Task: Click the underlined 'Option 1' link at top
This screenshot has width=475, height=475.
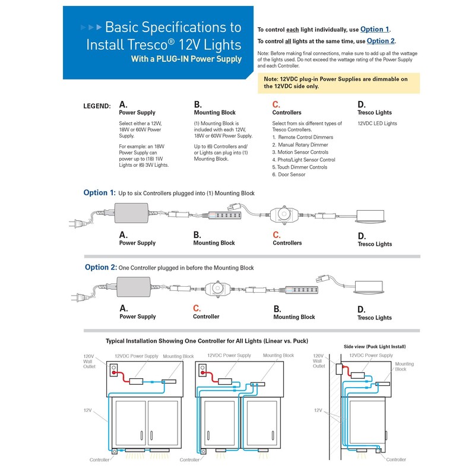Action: (375, 29)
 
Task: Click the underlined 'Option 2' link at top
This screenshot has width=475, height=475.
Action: (381, 41)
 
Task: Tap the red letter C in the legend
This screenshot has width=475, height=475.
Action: (276, 104)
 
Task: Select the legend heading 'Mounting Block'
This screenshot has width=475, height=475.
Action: (214, 112)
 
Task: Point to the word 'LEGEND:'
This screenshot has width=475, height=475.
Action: (97, 106)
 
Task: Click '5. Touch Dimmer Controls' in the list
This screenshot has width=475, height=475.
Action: (299, 167)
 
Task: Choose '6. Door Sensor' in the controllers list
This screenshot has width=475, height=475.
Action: (289, 175)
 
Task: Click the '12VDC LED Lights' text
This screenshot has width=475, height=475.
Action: (377, 123)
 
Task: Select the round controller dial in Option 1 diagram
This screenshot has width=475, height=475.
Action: (286, 214)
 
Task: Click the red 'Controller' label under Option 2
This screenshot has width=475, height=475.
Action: (206, 316)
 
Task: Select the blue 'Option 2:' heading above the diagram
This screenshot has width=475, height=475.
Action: (100, 267)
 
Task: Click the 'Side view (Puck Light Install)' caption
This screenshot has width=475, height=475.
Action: (375, 346)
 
